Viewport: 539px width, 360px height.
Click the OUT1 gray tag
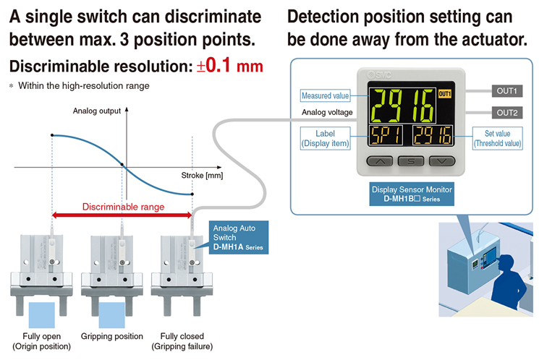click(x=506, y=91)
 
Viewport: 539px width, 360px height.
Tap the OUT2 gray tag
click(x=506, y=113)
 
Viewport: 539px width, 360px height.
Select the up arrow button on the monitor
click(x=380, y=161)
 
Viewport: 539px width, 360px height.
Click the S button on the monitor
click(x=411, y=161)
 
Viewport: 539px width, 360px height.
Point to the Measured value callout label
click(x=325, y=95)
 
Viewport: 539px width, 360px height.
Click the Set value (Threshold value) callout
click(x=498, y=139)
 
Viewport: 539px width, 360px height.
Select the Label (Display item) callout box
click(x=325, y=139)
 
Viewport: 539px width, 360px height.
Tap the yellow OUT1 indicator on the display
click(x=444, y=94)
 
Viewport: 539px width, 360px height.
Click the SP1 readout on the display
click(x=386, y=135)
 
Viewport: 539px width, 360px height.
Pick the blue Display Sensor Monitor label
click(x=412, y=194)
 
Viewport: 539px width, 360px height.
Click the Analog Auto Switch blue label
click(x=239, y=237)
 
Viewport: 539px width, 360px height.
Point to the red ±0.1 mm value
click(x=229, y=65)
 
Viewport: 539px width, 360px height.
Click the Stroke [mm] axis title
click(x=202, y=176)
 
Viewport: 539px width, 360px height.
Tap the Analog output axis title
click(x=97, y=111)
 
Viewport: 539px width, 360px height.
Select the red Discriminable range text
click(x=123, y=207)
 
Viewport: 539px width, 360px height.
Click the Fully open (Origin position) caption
click(x=41, y=341)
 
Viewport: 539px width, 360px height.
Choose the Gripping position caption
click(x=111, y=336)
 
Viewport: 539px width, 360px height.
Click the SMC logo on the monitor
click(x=379, y=74)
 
